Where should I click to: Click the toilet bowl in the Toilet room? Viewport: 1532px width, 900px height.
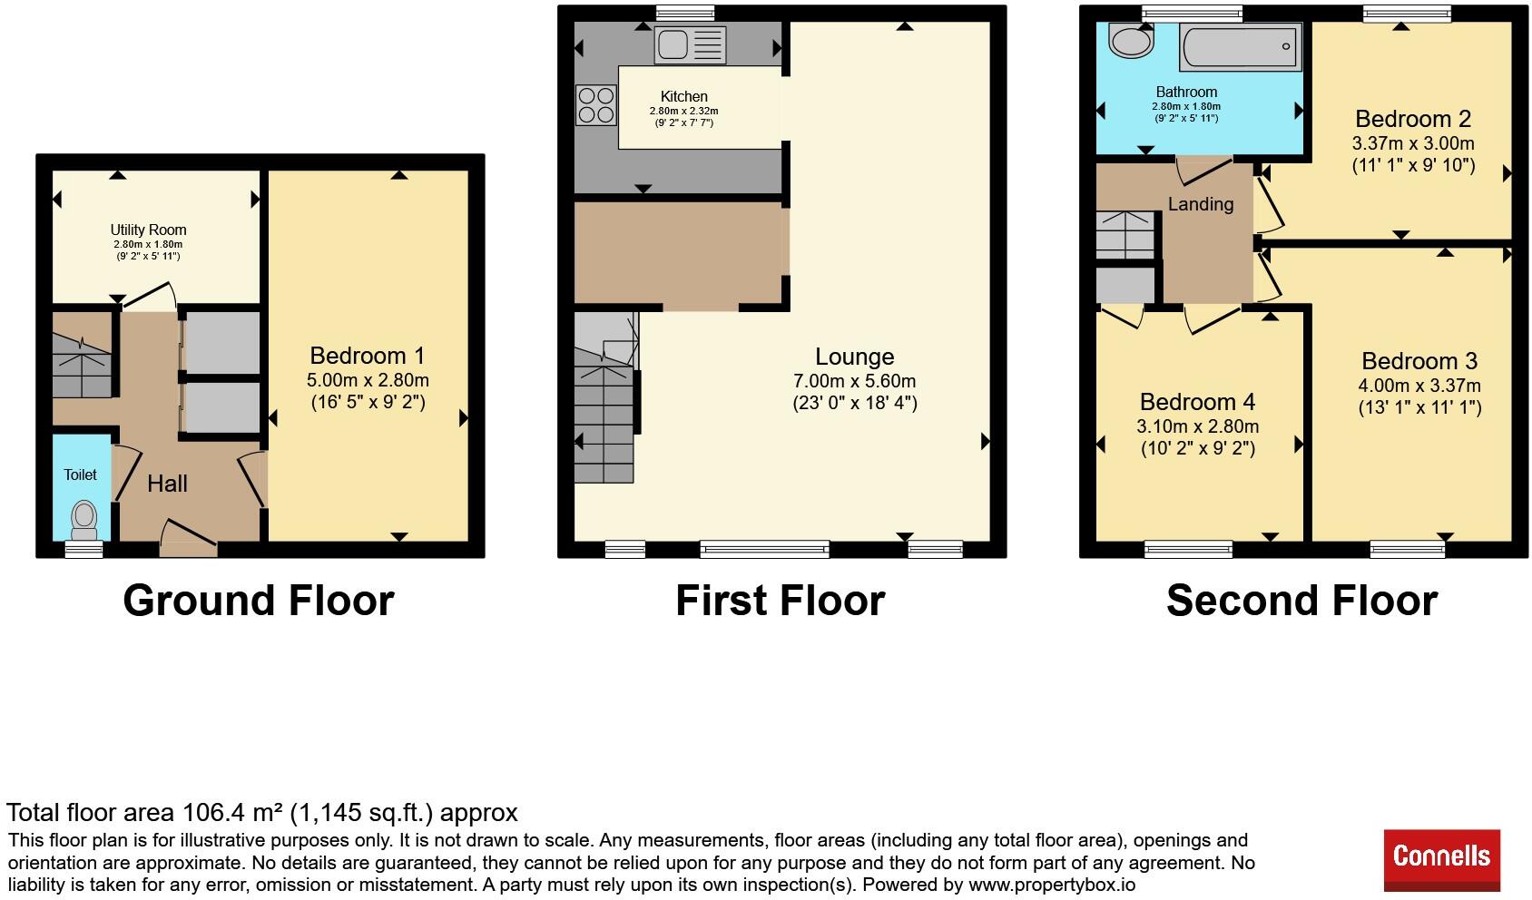[84, 521]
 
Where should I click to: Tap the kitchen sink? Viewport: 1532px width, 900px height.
[690, 45]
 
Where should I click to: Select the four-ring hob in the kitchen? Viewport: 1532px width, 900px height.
[595, 104]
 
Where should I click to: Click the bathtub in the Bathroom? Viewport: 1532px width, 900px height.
[1240, 46]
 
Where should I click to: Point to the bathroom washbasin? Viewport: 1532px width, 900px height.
[1131, 39]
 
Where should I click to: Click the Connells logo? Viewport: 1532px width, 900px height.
[1442, 859]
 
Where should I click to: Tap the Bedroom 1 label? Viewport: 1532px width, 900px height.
[368, 356]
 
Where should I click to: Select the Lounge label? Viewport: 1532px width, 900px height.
[854, 357]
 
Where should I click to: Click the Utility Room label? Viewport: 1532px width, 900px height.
[149, 230]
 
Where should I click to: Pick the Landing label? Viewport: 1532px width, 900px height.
[1201, 204]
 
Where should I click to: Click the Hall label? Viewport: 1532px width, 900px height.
[168, 484]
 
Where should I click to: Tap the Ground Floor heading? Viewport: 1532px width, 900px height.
[259, 601]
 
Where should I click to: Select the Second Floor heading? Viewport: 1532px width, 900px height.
[1301, 601]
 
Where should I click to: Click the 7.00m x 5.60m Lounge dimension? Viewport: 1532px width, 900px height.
[854, 381]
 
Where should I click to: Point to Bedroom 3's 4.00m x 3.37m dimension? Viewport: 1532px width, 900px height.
[1419, 386]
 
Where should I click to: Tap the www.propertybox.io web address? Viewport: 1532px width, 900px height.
[1052, 885]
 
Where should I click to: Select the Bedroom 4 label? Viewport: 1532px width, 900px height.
[1198, 401]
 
